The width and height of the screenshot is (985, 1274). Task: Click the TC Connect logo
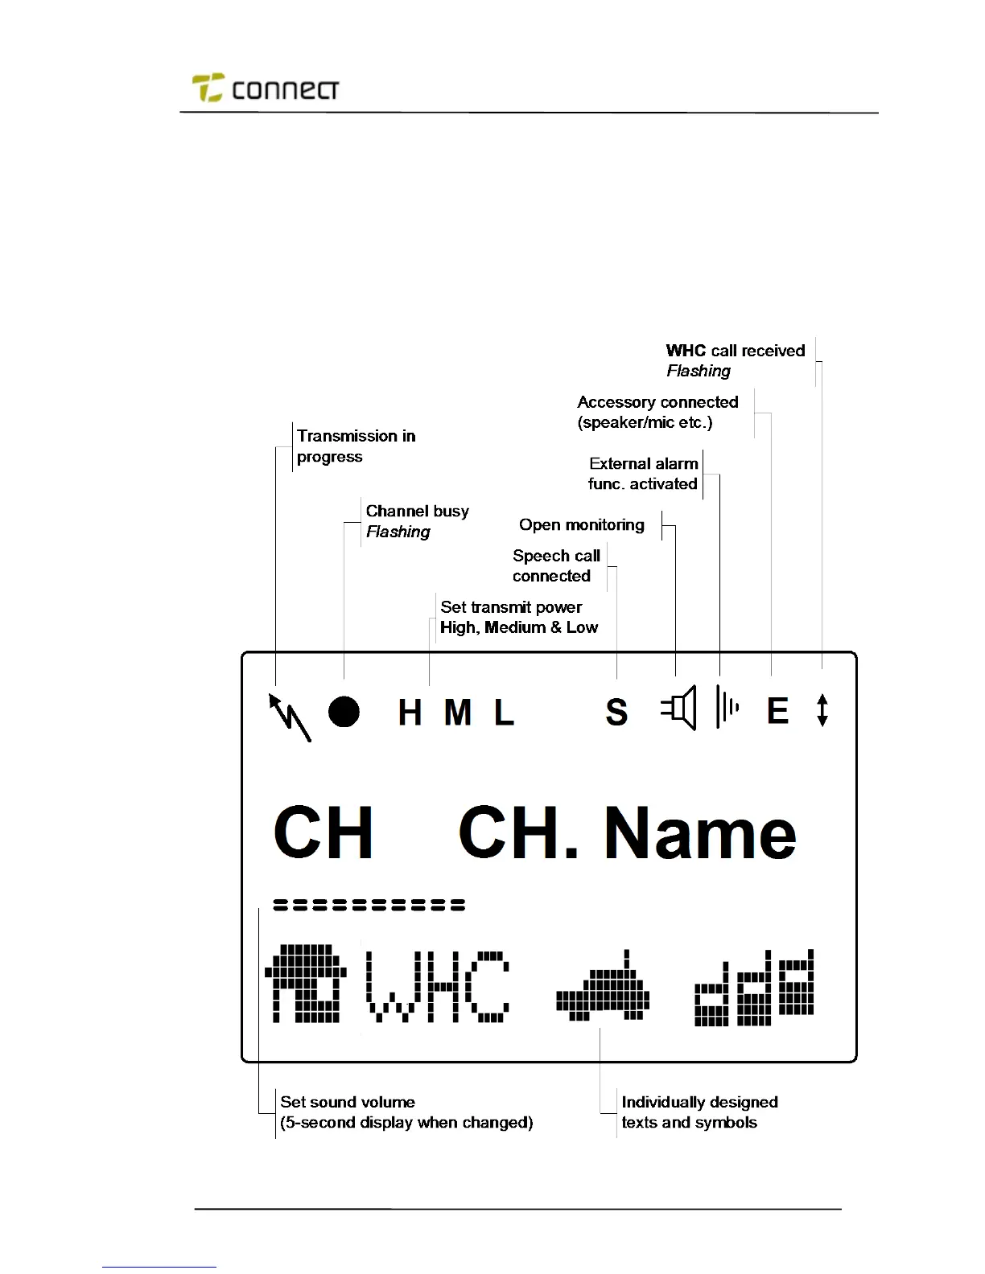tap(265, 88)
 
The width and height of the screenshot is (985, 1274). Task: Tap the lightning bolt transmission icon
tap(289, 716)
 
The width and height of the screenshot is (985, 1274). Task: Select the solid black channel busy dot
tap(344, 712)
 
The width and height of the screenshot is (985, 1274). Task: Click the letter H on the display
tap(410, 713)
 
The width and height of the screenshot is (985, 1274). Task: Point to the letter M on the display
tap(457, 713)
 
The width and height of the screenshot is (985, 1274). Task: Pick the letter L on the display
tap(504, 713)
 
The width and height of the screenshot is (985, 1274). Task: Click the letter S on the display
tap(616, 713)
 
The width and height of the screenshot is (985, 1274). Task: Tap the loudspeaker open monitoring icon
tap(678, 710)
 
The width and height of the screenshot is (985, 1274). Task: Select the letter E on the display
tap(777, 711)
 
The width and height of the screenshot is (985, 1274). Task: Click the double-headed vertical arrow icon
tap(822, 710)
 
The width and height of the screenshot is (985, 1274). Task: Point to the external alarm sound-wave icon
tap(727, 708)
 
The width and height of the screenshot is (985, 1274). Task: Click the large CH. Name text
tap(627, 833)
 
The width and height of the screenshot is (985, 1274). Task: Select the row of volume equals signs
tap(369, 905)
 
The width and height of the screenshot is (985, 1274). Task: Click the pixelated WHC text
tap(439, 986)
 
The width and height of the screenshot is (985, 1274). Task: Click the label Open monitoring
tap(581, 525)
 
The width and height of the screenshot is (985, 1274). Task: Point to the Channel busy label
tap(417, 512)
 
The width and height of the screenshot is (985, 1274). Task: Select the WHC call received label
tap(735, 351)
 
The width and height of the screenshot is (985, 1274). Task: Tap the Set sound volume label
tap(348, 1102)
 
